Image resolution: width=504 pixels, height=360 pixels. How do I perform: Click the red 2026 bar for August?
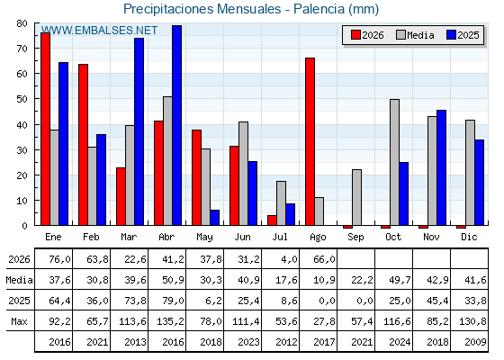pyautogui.click(x=310, y=141)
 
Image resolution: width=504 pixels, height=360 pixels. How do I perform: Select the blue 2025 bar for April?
pyautogui.click(x=176, y=125)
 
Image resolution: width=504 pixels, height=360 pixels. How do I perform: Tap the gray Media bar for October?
pyautogui.click(x=394, y=162)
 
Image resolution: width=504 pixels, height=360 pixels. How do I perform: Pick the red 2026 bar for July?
pyautogui.click(x=272, y=220)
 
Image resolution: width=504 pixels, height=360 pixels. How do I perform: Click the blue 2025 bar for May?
pyautogui.click(x=215, y=218)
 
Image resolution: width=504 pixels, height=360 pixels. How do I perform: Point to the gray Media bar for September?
pyautogui.click(x=356, y=197)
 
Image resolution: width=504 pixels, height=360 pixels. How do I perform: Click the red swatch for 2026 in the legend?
pyautogui.click(x=355, y=35)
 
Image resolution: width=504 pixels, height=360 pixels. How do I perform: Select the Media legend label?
pyautogui.click(x=420, y=35)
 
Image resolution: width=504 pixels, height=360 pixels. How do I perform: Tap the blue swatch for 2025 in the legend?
pyautogui.click(x=451, y=35)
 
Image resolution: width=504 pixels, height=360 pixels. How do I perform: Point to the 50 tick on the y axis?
pyautogui.click(x=22, y=99)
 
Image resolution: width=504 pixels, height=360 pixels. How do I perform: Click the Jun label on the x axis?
pyautogui.click(x=242, y=238)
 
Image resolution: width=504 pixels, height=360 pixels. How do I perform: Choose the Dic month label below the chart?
pyautogui.click(x=469, y=237)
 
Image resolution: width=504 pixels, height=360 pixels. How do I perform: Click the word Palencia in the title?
pyautogui.click(x=319, y=9)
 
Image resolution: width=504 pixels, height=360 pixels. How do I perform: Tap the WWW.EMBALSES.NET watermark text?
pyautogui.click(x=99, y=31)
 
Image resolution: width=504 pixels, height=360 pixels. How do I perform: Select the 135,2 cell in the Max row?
pyautogui.click(x=170, y=321)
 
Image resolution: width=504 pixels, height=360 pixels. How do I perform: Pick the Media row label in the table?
pyautogui.click(x=19, y=280)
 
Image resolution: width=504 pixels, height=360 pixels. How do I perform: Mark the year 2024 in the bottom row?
pyautogui.click(x=400, y=342)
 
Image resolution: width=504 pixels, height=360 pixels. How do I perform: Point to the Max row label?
pyautogui.click(x=19, y=321)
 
